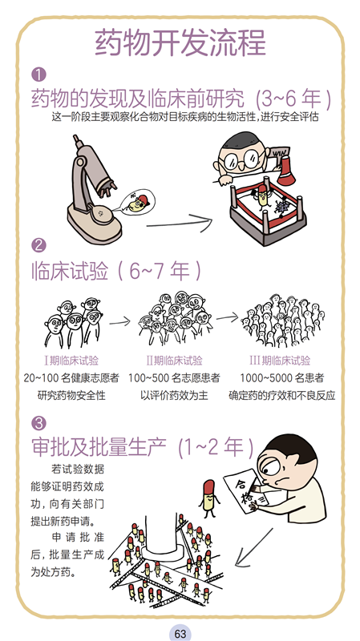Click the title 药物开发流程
[x=180, y=42]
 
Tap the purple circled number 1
[x=38, y=75]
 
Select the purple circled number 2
[x=38, y=245]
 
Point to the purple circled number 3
[x=38, y=423]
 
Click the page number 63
[x=180, y=633]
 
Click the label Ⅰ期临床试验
[x=71, y=361]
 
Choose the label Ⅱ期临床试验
[x=175, y=361]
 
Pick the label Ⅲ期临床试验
[x=280, y=361]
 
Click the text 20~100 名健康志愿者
[x=71, y=378]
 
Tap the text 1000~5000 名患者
[x=282, y=378]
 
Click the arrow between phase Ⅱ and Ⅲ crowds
[x=227, y=317]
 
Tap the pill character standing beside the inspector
[x=209, y=498]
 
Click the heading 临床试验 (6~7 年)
[x=116, y=272]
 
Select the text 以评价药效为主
[x=174, y=396]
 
